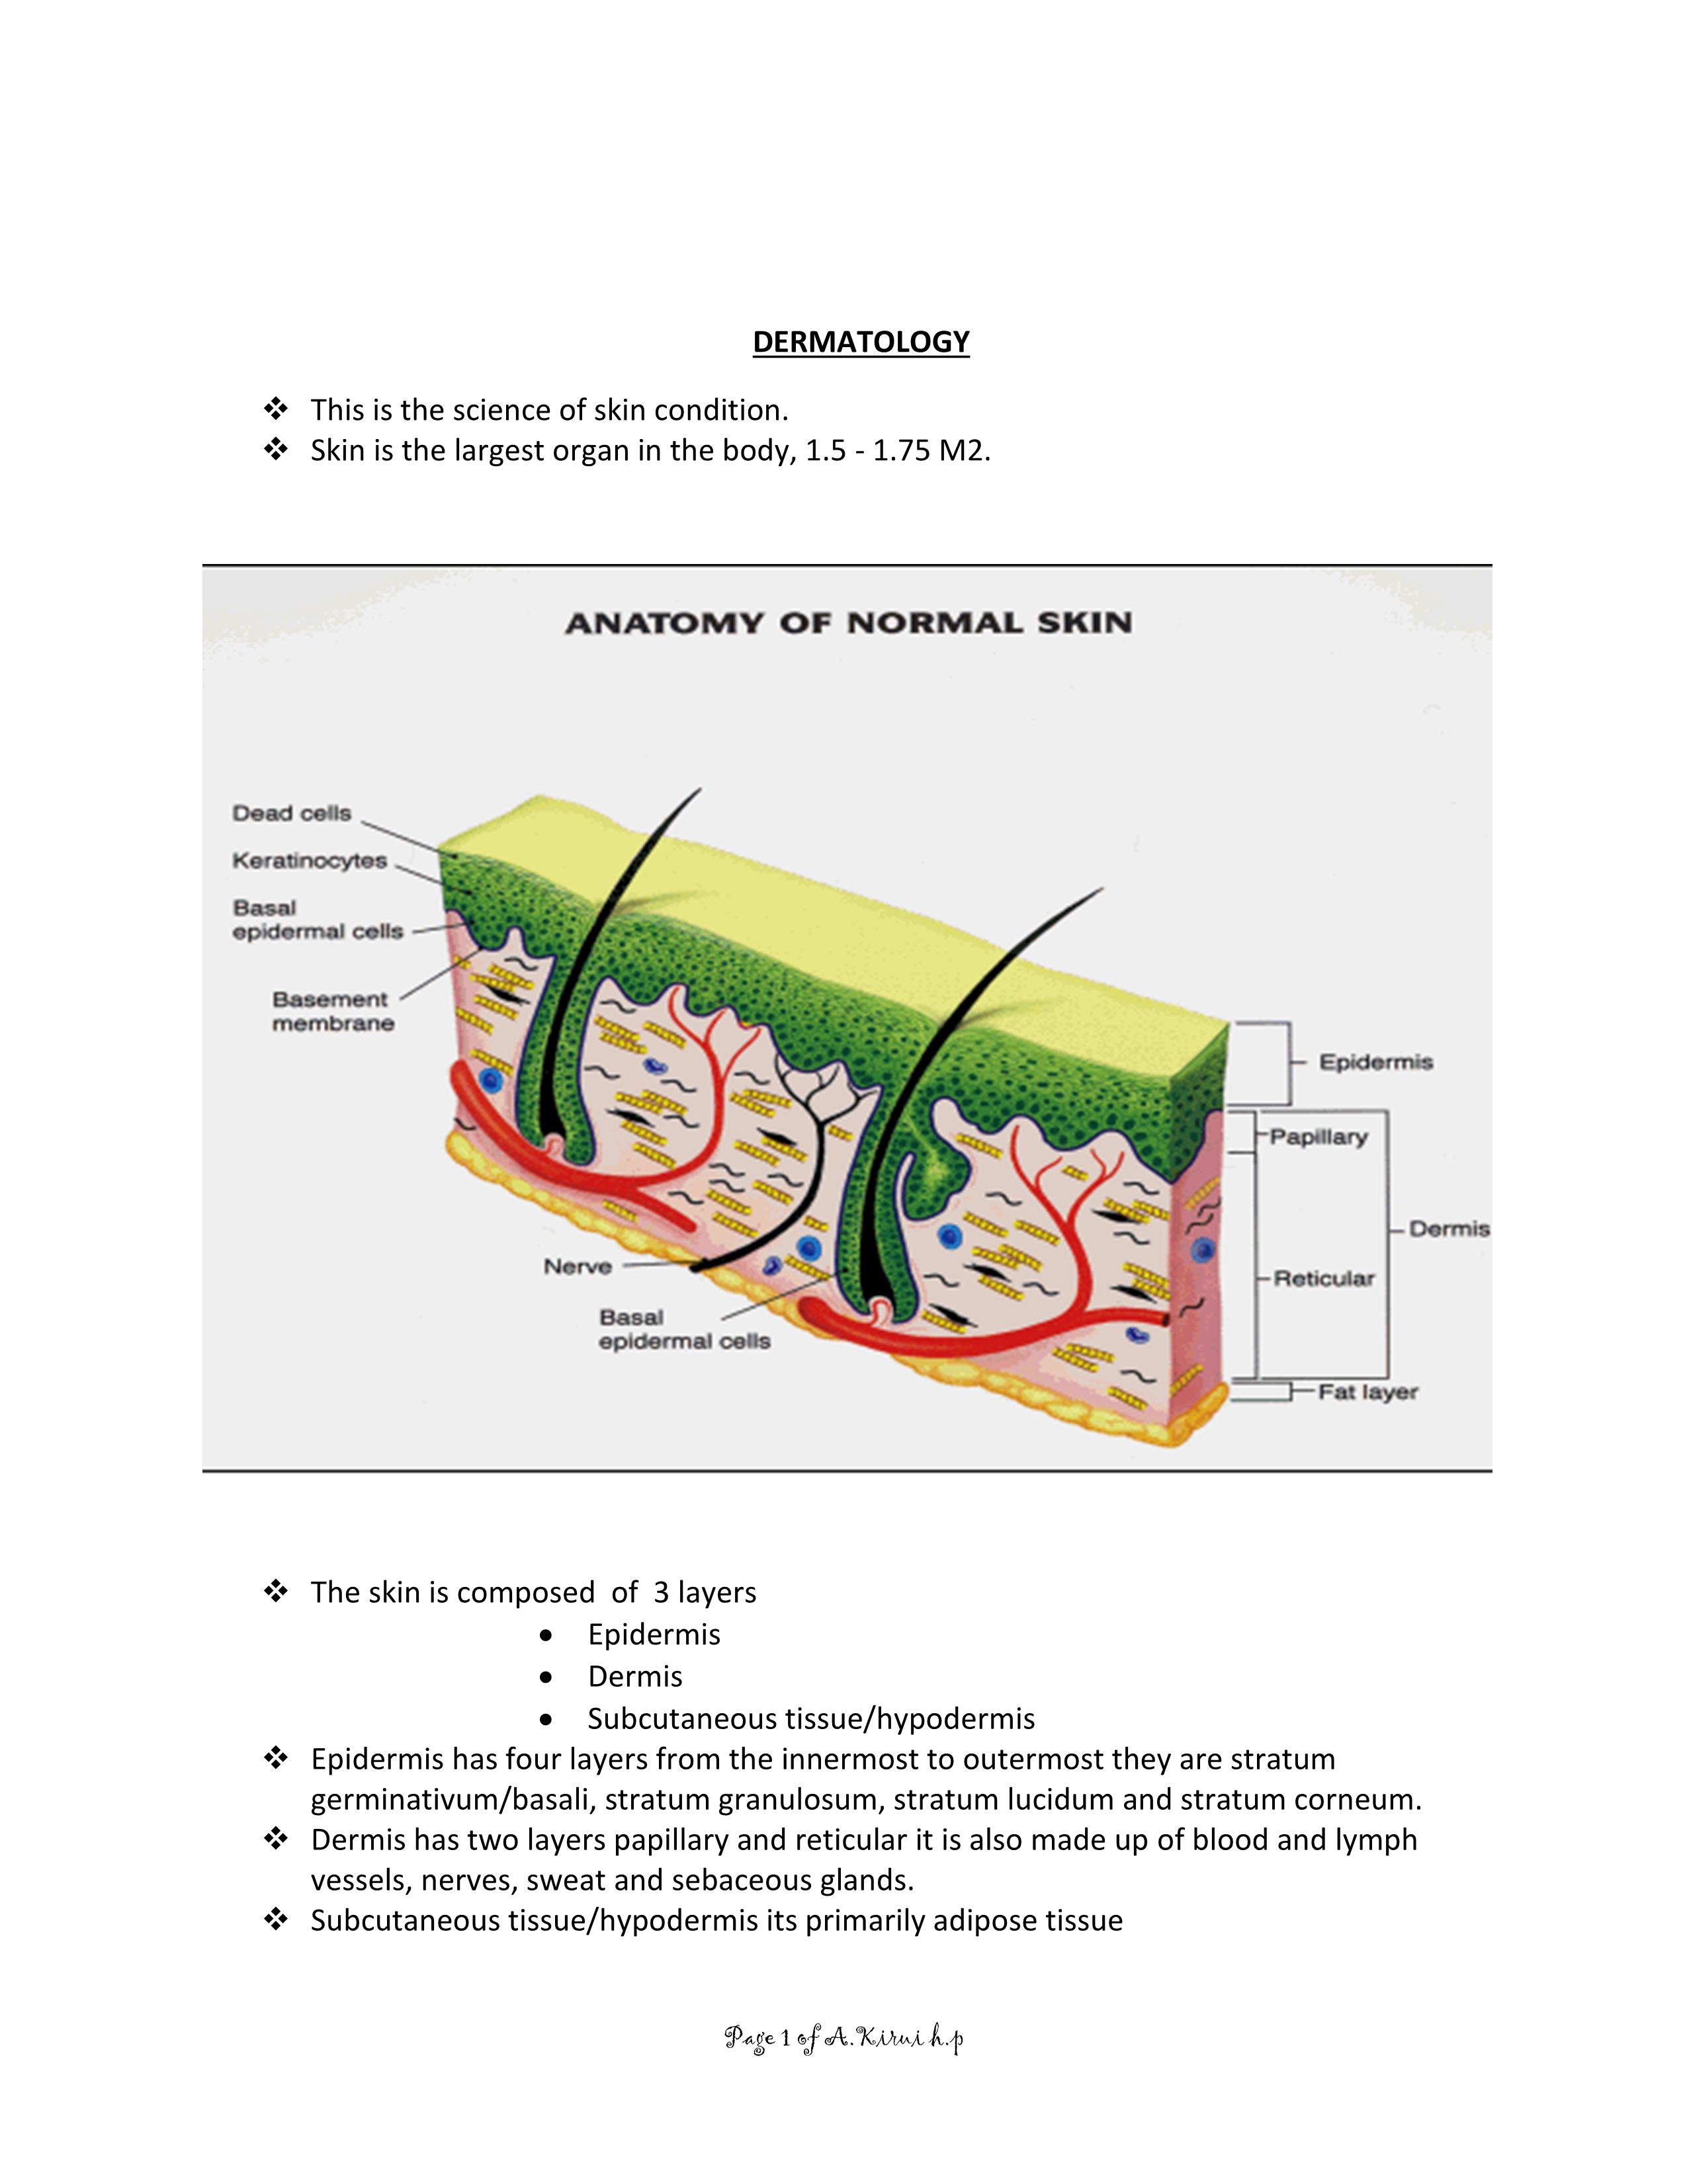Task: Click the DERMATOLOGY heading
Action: pos(861,342)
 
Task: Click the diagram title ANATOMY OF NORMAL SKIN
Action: pos(849,624)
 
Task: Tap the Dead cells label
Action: pos(292,813)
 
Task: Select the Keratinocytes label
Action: pos(310,860)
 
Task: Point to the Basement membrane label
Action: pos(332,1011)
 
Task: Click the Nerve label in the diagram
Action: pos(578,1267)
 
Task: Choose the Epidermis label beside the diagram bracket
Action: pos(1376,1062)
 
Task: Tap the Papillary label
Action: pos(1319,1137)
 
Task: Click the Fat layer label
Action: pos(1368,1392)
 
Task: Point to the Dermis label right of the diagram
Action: pos(1449,1229)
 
